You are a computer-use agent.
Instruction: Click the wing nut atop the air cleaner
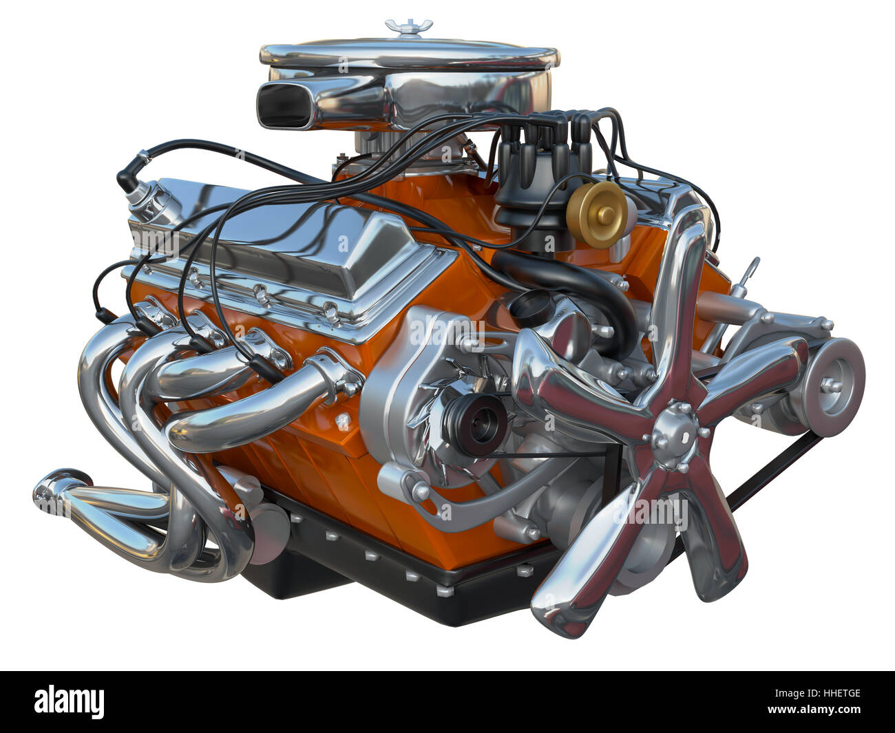tap(409, 26)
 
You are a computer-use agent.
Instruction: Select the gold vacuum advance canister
tap(597, 215)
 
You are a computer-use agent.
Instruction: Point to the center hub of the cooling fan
tap(675, 436)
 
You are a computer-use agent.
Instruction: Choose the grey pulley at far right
tap(834, 387)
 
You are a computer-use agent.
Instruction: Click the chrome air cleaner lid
tap(410, 54)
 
